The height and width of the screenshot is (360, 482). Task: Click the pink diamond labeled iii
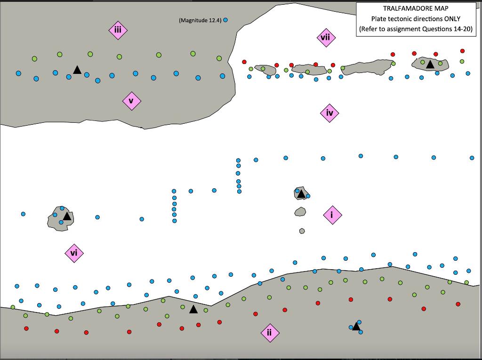[x=118, y=30]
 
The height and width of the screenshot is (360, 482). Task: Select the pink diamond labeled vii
[x=326, y=38]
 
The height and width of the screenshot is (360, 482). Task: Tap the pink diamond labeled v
[x=131, y=101]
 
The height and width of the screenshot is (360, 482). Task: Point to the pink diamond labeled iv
[x=329, y=113]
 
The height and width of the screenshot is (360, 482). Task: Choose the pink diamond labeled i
[x=332, y=215]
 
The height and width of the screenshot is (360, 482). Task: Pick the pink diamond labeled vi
[x=74, y=253]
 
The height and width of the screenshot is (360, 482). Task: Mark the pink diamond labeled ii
[x=270, y=333]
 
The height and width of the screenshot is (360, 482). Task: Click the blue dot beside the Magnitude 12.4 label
[x=225, y=20]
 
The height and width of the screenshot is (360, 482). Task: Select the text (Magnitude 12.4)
[x=200, y=20]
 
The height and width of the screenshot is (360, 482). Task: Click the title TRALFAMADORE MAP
[x=416, y=8]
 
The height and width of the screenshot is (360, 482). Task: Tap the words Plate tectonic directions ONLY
[x=416, y=19]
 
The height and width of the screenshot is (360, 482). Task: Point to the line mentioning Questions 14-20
[x=416, y=29]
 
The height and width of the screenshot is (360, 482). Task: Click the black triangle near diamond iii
[x=77, y=70]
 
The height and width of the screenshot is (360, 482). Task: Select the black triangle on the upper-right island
[x=430, y=64]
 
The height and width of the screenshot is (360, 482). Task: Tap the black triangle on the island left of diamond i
[x=301, y=193]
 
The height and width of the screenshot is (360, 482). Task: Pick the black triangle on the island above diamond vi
[x=67, y=216]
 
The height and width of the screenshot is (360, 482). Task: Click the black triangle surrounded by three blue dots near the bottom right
[x=356, y=326]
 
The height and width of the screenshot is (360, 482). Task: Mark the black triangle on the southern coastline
[x=193, y=309]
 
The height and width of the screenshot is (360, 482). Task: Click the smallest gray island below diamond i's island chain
[x=302, y=231]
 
